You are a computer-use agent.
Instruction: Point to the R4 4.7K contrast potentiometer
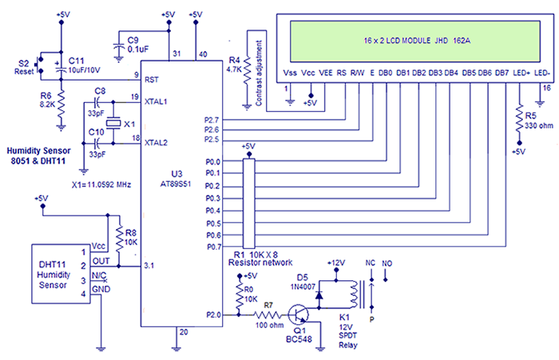(x=246, y=68)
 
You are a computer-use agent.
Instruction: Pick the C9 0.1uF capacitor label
(x=129, y=42)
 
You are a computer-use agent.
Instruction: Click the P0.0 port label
(x=212, y=161)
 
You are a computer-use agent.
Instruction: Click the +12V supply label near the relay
(x=336, y=263)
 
